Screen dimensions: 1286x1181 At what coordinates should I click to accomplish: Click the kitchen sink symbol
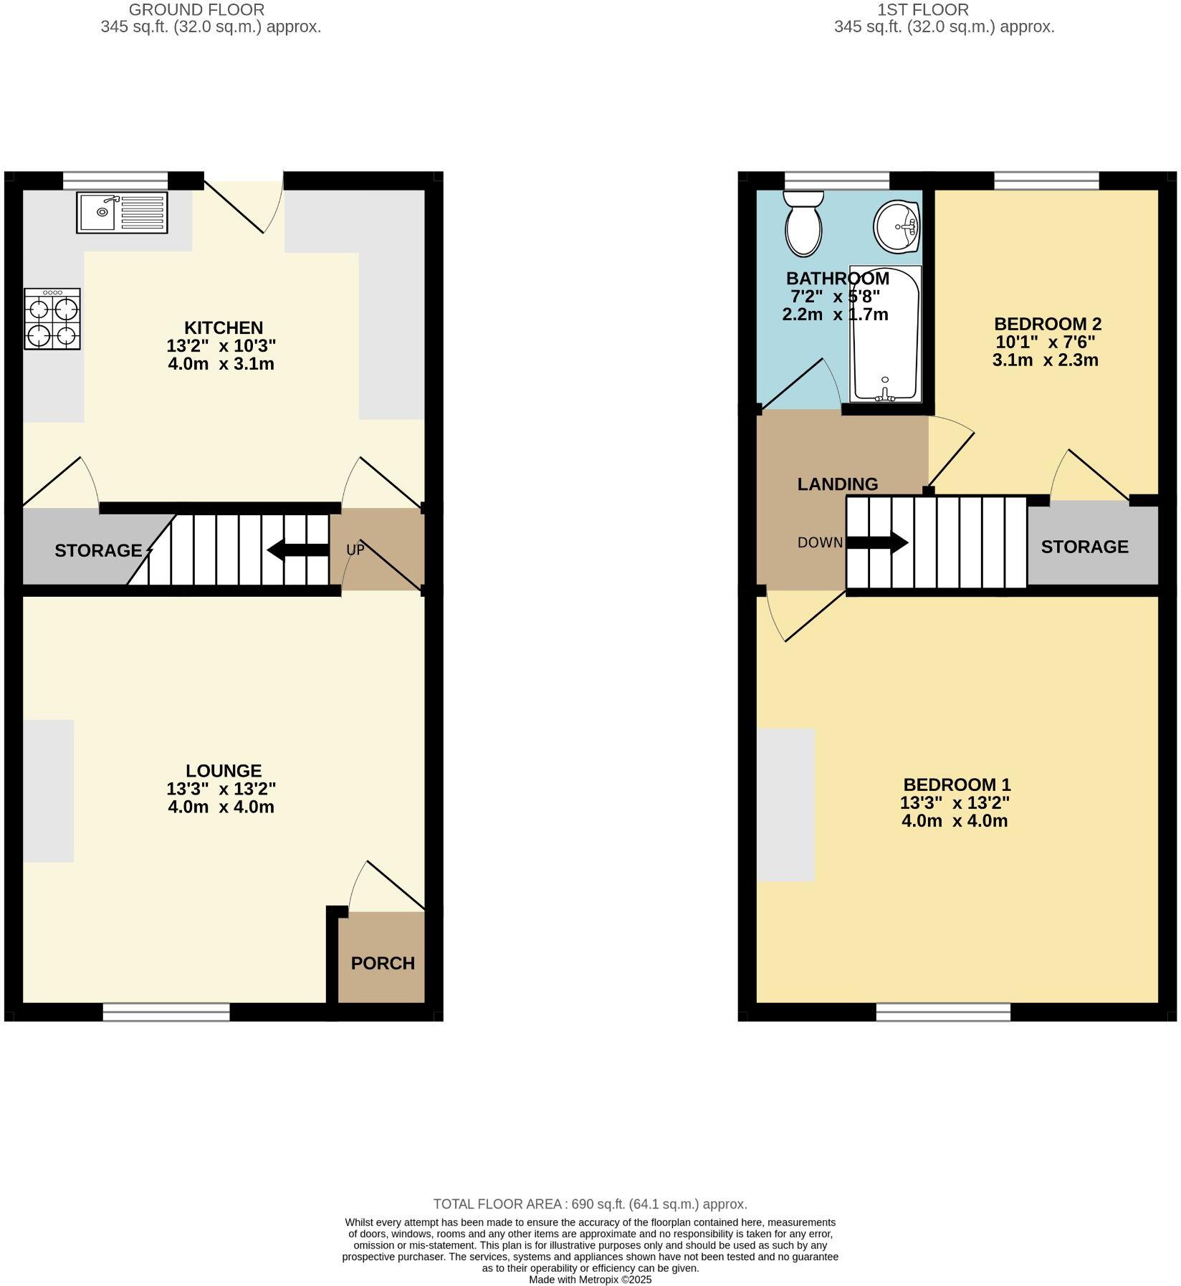(x=122, y=213)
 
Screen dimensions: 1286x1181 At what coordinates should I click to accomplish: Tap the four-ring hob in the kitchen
(x=52, y=319)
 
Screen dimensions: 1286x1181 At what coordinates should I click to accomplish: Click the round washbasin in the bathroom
(x=896, y=226)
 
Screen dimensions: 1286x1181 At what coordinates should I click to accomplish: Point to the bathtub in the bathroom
(x=884, y=334)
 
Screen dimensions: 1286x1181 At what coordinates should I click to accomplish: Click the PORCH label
(x=383, y=964)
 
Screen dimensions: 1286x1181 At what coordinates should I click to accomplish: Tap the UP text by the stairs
(x=355, y=550)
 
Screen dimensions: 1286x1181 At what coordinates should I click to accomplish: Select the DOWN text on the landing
(x=820, y=543)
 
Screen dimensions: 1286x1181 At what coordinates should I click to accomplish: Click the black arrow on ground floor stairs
(x=297, y=550)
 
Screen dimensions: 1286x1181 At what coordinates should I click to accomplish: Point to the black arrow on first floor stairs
(x=878, y=542)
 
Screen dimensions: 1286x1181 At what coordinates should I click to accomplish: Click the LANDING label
(x=837, y=484)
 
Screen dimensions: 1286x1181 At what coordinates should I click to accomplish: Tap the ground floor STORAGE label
(x=98, y=551)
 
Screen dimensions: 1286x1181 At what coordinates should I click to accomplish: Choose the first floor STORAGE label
(x=1084, y=547)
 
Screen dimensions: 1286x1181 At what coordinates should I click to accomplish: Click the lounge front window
(x=166, y=1012)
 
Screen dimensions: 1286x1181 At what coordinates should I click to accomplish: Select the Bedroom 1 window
(x=943, y=1012)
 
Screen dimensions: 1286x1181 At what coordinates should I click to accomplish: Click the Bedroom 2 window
(x=1046, y=181)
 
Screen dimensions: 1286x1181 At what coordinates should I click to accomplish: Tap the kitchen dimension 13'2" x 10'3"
(x=221, y=346)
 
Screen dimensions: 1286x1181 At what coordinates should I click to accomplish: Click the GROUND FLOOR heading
(x=196, y=10)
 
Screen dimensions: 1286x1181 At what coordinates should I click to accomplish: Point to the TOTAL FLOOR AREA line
(x=590, y=1204)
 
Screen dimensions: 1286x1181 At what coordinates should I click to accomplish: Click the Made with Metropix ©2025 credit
(x=590, y=1280)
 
